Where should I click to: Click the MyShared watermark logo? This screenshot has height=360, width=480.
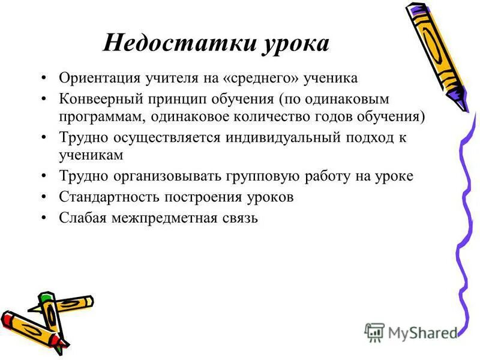pyautogui.click(x=410, y=331)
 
